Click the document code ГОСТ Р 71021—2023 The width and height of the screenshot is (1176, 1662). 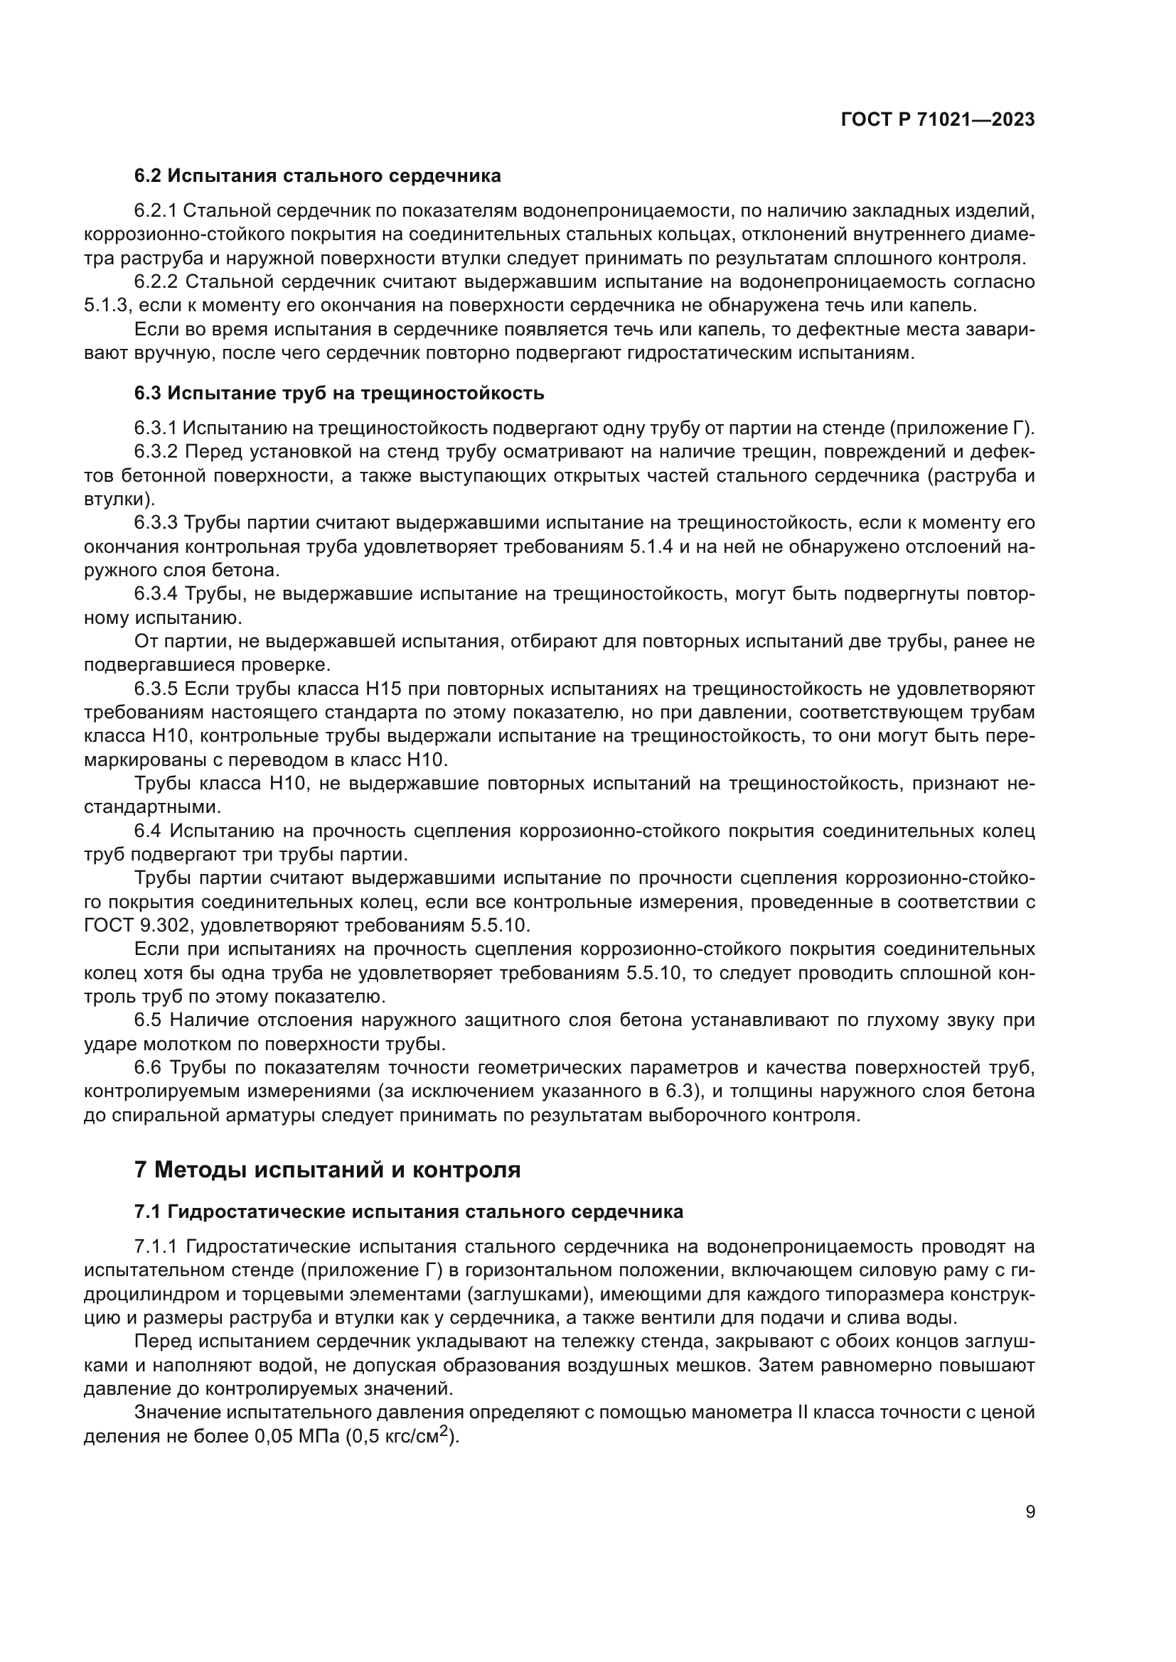(x=937, y=120)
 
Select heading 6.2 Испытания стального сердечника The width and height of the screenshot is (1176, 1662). (x=317, y=176)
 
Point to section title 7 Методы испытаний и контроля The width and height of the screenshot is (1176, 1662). (x=327, y=1170)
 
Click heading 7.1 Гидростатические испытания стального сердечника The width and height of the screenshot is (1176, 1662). (x=408, y=1212)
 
